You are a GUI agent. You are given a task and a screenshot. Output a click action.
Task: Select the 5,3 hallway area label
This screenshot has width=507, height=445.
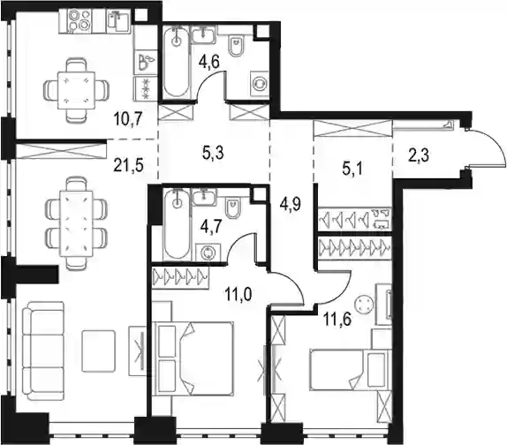(x=213, y=153)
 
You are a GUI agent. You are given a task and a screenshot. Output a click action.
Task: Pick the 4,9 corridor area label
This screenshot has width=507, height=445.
(x=291, y=204)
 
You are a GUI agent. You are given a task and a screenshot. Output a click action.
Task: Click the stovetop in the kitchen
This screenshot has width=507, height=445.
(x=76, y=20)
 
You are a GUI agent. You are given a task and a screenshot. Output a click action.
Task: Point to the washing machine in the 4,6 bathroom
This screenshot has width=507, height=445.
(x=259, y=83)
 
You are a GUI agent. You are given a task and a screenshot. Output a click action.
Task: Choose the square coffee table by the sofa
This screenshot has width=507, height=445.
(x=98, y=351)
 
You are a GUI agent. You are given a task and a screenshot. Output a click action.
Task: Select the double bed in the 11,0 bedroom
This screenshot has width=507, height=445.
(x=194, y=358)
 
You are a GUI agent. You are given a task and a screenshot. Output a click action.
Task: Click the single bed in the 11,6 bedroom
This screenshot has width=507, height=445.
(x=350, y=370)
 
